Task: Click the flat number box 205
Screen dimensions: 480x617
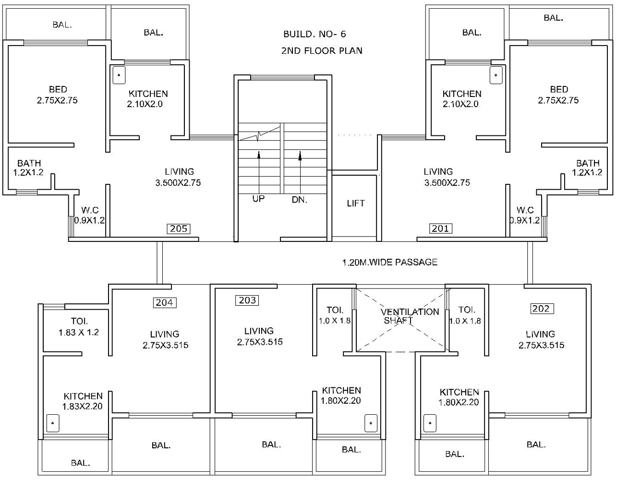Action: [x=178, y=228]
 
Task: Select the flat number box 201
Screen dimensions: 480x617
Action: [x=440, y=228]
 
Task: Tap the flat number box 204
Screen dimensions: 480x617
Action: [x=164, y=302]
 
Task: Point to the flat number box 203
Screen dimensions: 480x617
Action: [x=247, y=300]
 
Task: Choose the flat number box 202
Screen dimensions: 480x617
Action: [x=541, y=309]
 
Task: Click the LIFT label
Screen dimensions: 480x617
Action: [x=356, y=204]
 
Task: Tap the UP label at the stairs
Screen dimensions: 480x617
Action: [x=258, y=198]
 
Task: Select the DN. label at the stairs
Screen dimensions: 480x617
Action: [x=299, y=200]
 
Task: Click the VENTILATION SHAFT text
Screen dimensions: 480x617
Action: [x=410, y=316]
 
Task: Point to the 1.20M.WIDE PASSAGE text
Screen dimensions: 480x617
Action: [x=389, y=262]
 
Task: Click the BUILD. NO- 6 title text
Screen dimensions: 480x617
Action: [x=315, y=34]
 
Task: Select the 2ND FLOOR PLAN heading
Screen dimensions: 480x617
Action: [x=322, y=50]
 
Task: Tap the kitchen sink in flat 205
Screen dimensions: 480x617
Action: [x=119, y=75]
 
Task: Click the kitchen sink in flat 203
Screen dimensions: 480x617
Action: [x=371, y=423]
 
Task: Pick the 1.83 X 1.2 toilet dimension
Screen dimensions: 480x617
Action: [x=79, y=332]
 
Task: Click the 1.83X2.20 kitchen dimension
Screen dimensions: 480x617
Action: [x=82, y=407]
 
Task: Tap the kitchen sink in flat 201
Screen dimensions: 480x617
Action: [x=496, y=75]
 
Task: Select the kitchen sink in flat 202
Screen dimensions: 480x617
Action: [x=430, y=423]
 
